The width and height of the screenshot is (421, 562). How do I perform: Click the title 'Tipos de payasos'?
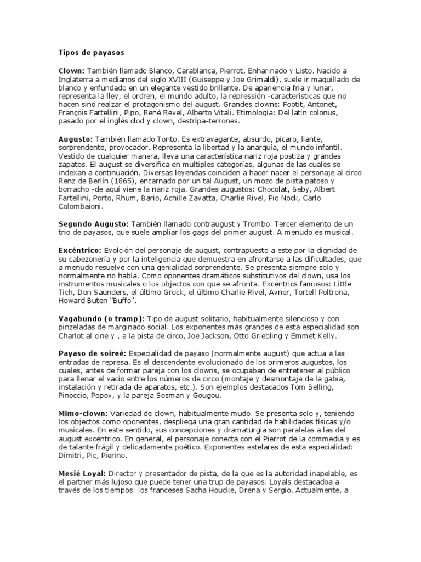click(x=92, y=53)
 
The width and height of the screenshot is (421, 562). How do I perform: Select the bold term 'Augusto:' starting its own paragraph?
click(x=76, y=140)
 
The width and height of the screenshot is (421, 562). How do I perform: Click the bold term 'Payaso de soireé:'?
click(x=93, y=352)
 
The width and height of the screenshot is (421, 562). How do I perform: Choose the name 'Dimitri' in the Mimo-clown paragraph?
click(x=72, y=455)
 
